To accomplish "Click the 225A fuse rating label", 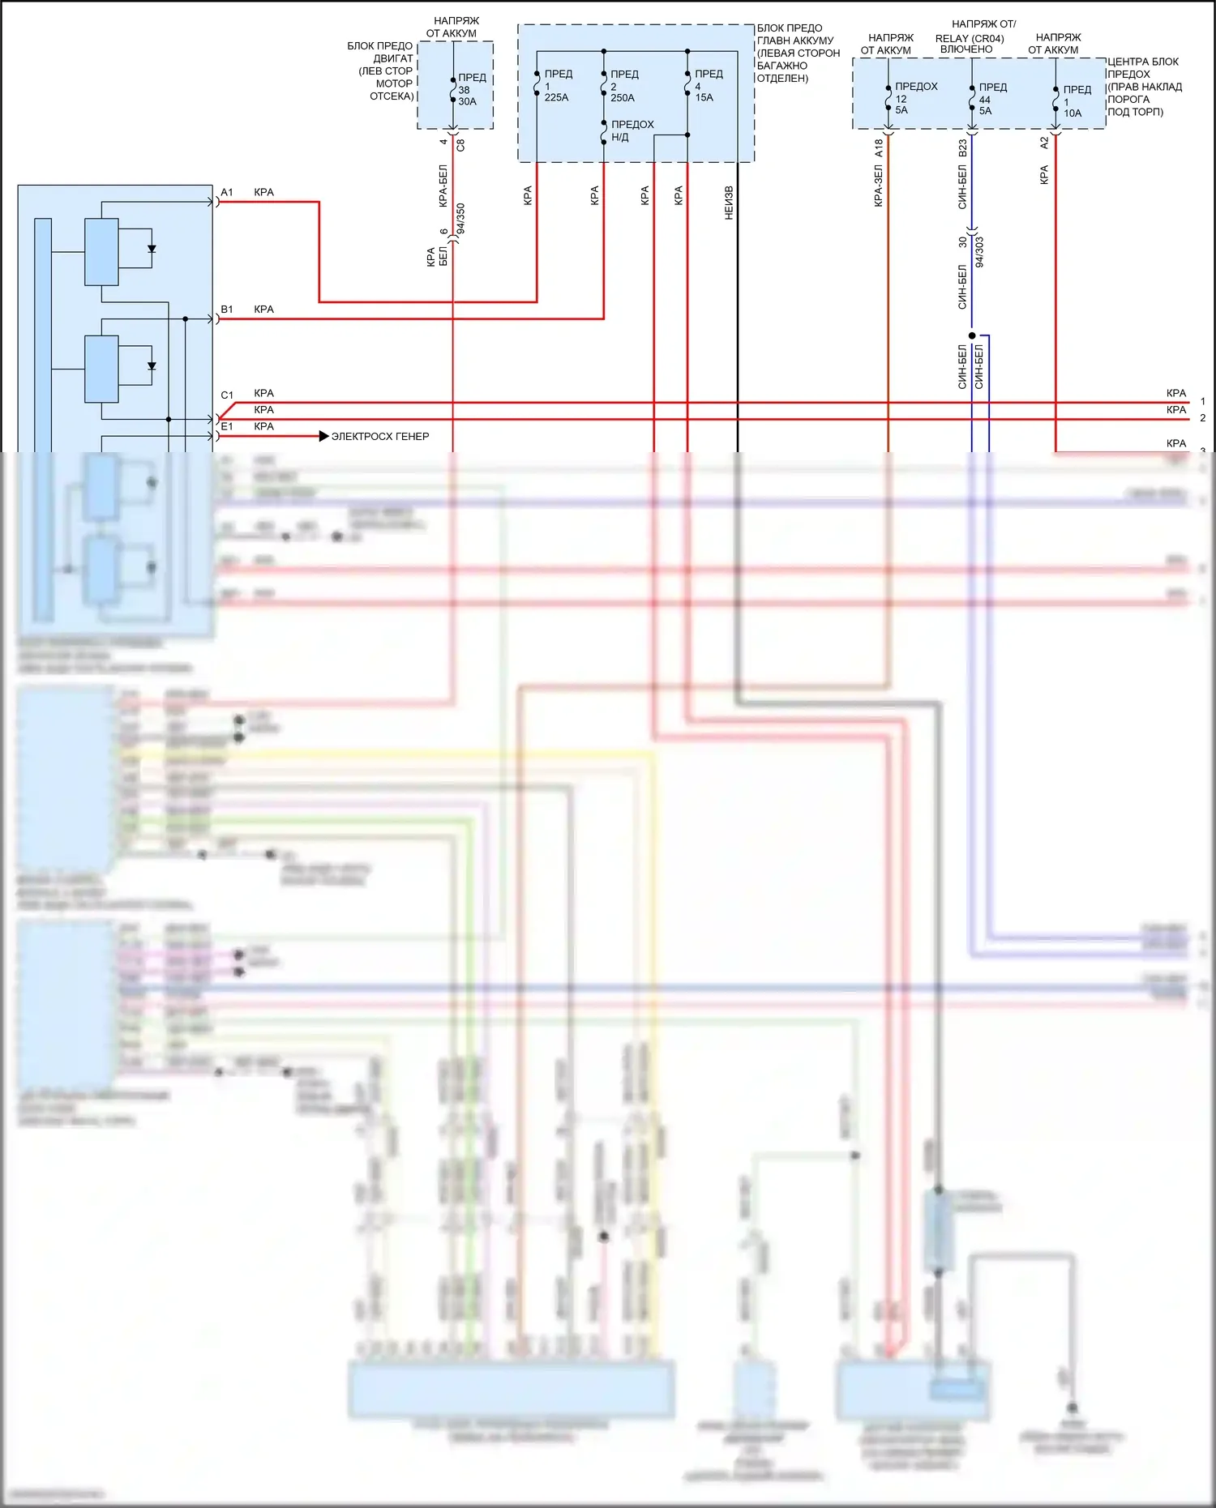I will point(556,98).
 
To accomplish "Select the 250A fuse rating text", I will point(623,98).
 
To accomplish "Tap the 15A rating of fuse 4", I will point(704,98).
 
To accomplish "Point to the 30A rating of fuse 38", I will point(467,102).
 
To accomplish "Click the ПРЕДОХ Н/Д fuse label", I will point(632,130).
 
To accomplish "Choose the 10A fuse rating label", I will point(1073,113).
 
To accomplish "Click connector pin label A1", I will point(227,193).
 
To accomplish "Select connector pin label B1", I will point(227,310).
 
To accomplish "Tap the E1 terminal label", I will point(227,427).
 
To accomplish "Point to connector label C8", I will point(460,145).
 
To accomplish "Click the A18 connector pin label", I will point(879,148).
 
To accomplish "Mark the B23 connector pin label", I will point(963,148).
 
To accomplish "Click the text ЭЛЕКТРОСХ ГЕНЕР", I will point(380,437).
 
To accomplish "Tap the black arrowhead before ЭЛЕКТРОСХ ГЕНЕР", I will point(324,437).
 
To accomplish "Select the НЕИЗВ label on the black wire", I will point(729,203).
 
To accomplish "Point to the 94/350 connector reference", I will point(460,219).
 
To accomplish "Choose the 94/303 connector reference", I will point(979,252).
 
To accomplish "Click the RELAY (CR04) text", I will point(970,38).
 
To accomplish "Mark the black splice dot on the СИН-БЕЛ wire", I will point(972,335).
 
